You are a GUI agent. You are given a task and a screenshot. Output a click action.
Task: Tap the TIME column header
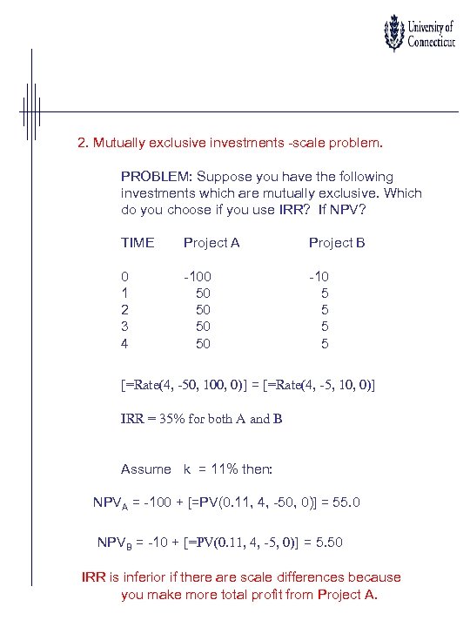(138, 243)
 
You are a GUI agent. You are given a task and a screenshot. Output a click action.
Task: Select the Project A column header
(211, 243)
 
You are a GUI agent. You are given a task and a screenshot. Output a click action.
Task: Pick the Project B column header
(337, 243)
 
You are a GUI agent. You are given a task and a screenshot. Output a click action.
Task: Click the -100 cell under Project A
(197, 276)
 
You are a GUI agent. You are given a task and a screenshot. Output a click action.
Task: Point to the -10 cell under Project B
(319, 276)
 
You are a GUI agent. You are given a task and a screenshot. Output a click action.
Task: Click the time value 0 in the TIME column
(124, 276)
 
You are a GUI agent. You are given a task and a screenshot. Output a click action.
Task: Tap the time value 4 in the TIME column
(124, 344)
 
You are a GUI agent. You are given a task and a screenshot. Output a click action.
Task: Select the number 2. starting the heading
(84, 140)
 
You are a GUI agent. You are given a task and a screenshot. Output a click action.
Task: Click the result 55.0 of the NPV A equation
(345, 503)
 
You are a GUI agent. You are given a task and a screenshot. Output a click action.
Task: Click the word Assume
(146, 469)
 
